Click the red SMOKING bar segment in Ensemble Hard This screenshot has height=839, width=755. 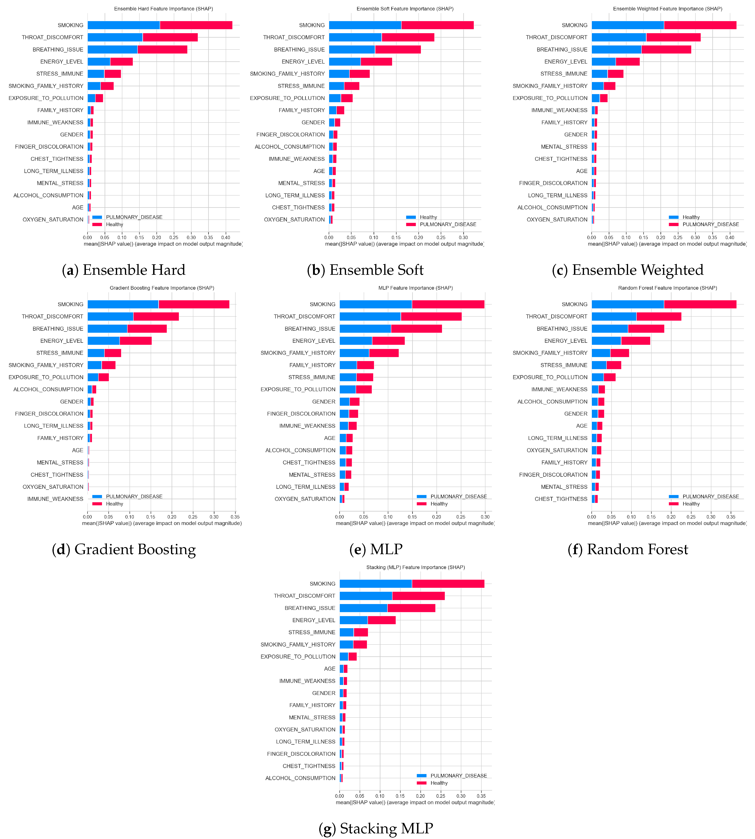196,25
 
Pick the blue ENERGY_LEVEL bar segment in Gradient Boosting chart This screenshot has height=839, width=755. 103,341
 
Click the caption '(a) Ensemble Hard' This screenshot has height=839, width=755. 124,270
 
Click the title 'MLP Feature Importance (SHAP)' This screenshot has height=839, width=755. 415,288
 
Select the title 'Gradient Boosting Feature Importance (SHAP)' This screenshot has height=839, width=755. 162,288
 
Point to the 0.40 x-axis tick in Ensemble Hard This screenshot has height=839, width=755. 225,238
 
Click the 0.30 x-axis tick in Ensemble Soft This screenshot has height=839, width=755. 463,238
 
